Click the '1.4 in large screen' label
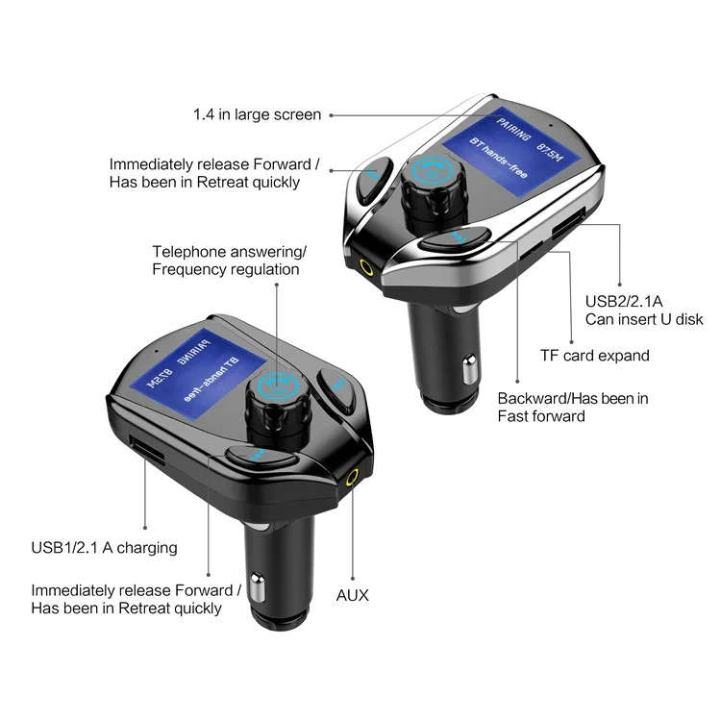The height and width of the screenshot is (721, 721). tap(257, 114)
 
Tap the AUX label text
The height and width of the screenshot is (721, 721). tap(352, 595)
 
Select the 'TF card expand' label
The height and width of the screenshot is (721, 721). tap(594, 356)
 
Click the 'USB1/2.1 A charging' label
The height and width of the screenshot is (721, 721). tap(105, 548)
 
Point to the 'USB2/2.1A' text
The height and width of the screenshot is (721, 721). tap(624, 302)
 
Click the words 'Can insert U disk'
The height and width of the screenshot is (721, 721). tap(644, 319)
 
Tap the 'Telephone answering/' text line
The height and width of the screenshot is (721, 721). tap(229, 252)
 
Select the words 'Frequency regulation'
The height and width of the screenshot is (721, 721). tap(226, 269)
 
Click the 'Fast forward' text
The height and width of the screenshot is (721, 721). tap(541, 416)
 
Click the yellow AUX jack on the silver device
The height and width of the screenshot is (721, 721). tap(366, 266)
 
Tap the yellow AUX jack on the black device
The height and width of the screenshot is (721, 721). tap(352, 478)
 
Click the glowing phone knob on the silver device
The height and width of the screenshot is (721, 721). tap(433, 170)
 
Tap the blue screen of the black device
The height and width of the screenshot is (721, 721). tap(199, 374)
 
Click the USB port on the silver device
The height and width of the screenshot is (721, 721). tap(568, 223)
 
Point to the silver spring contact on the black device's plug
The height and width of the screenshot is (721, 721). tap(258, 587)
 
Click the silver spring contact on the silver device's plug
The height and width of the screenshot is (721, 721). tap(469, 369)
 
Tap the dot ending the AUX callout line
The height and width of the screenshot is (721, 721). tap(353, 579)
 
